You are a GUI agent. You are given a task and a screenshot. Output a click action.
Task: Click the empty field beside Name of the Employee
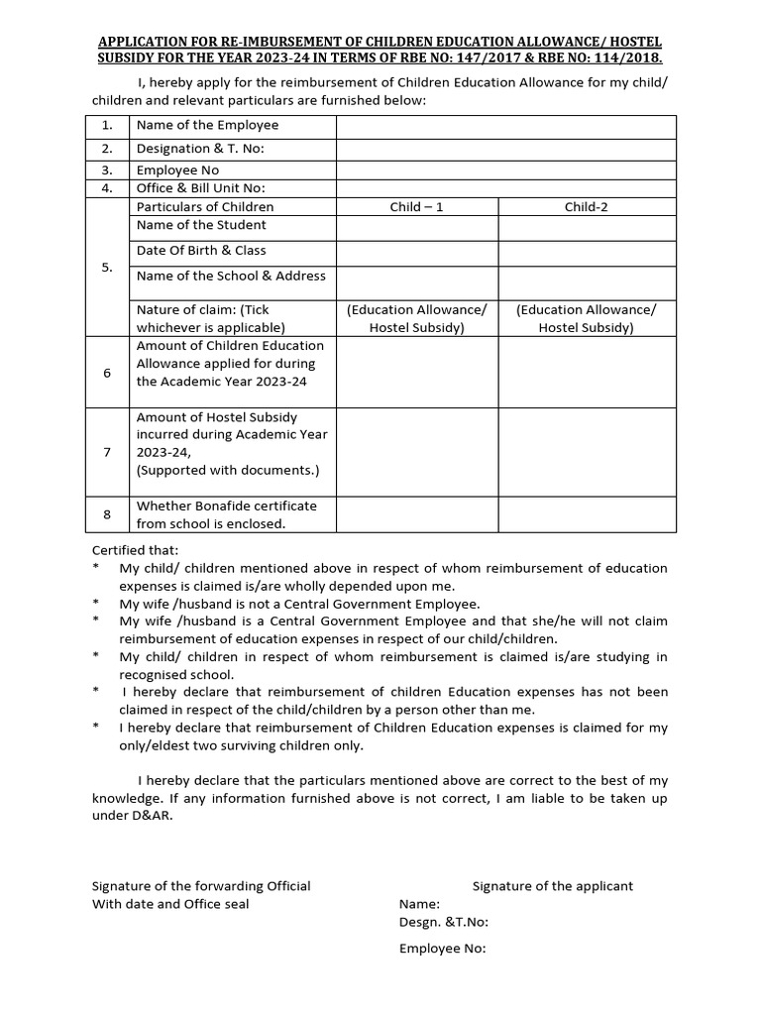[506, 126]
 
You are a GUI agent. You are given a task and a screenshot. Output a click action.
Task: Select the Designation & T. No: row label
[200, 149]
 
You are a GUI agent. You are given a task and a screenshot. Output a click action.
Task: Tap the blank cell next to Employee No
[506, 170]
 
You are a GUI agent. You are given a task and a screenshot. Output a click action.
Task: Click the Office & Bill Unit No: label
[200, 188]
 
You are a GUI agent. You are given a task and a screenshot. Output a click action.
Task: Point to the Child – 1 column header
[416, 207]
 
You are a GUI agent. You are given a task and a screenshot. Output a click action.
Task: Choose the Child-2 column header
[587, 207]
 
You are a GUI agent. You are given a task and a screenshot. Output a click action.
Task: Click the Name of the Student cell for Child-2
[587, 227]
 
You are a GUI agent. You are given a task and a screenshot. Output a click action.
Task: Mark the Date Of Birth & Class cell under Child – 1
[416, 252]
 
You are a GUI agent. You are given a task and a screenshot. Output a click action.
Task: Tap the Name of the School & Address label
[231, 276]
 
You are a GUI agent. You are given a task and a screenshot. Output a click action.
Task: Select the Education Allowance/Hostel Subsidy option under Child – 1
[416, 318]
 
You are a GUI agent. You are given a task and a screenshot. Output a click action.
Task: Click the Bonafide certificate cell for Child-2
[587, 514]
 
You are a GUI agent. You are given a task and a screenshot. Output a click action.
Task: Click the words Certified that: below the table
[135, 550]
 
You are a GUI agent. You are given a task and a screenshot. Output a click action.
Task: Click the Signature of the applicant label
[552, 886]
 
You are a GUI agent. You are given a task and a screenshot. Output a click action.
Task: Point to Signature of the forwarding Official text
[201, 886]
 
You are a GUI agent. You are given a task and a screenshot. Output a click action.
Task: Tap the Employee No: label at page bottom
[442, 949]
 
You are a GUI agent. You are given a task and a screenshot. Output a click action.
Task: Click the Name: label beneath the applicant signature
[419, 904]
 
